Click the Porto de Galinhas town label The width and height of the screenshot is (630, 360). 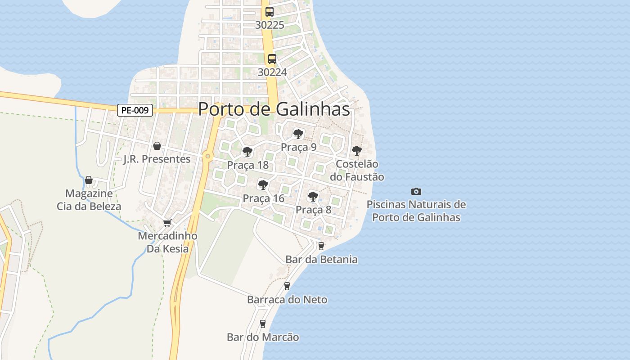(274, 109)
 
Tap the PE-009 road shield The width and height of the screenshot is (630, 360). (135, 110)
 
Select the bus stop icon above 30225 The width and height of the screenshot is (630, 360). (270, 12)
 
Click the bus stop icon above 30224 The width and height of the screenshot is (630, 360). (272, 59)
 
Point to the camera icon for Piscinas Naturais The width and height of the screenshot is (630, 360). (416, 192)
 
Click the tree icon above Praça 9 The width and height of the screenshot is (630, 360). (298, 134)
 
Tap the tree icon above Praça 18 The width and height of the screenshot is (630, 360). (247, 152)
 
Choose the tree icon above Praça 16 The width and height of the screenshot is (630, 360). (263, 185)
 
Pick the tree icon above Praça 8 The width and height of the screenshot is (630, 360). (313, 197)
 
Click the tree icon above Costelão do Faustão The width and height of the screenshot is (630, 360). (357, 151)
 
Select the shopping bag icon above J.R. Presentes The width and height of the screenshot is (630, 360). (157, 146)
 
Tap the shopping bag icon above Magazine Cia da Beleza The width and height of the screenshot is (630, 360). (89, 180)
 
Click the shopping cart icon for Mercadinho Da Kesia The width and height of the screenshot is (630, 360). (167, 223)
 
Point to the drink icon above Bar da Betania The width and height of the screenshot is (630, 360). (321, 246)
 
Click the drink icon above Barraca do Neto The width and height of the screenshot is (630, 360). (287, 286)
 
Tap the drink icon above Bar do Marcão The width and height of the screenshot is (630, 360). (263, 324)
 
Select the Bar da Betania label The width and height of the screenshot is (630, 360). (321, 260)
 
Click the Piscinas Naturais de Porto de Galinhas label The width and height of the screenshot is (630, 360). (416, 211)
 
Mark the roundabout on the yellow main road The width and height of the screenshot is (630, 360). (207, 156)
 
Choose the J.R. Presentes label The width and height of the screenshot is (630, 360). (157, 159)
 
